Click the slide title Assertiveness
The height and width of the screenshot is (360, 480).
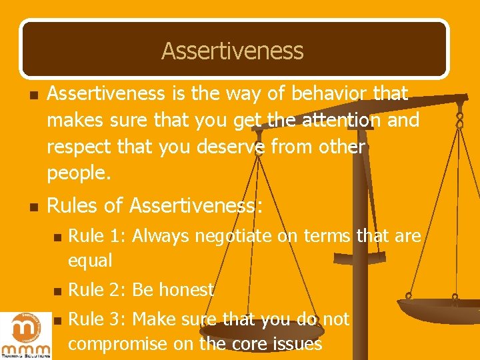pos(232,51)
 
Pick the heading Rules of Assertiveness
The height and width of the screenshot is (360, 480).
pos(155,206)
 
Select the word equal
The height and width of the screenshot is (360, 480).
pos(90,259)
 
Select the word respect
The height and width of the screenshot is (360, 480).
pos(81,147)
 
